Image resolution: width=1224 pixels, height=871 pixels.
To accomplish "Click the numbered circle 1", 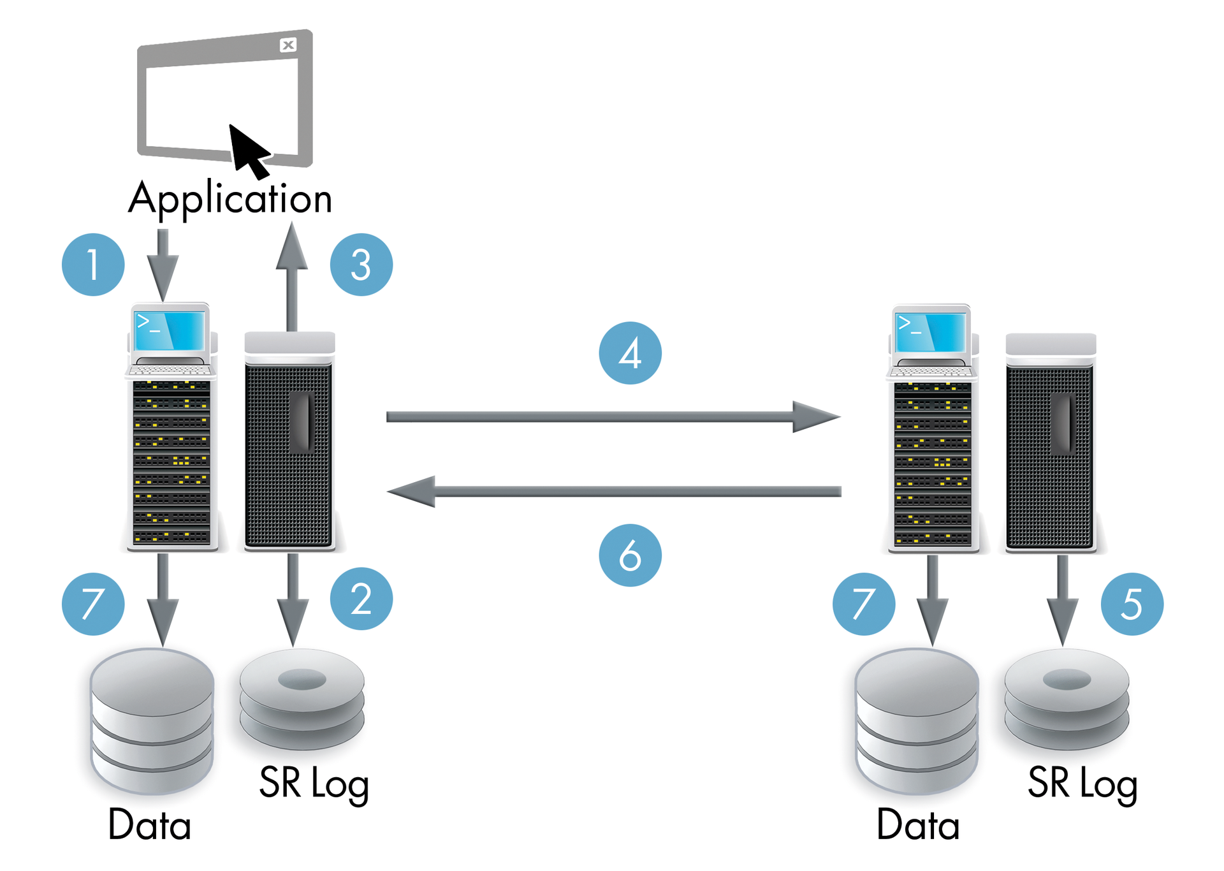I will (x=93, y=265).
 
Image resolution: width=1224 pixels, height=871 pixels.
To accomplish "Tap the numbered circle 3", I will (x=361, y=265).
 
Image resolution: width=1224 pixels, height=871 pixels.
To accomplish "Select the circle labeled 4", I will (x=630, y=353).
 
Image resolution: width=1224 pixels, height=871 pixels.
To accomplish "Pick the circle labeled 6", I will (x=630, y=555).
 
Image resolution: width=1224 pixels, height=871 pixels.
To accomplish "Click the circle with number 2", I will (x=361, y=599).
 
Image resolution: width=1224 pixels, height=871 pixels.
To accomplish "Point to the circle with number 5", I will (x=1132, y=604).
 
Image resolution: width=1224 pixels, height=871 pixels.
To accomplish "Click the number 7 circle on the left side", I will (x=93, y=604).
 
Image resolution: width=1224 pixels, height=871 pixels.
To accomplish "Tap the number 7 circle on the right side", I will (x=863, y=604).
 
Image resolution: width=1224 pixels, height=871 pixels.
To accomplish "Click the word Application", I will (x=230, y=198).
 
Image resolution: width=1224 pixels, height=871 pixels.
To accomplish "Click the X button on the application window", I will (x=288, y=45).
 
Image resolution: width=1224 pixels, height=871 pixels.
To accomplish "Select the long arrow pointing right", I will (x=612, y=417).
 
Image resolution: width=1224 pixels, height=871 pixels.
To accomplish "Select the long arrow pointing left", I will (x=612, y=491).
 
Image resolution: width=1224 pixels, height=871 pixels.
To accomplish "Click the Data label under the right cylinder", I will (x=917, y=825).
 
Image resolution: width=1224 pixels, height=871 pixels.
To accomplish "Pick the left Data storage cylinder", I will (x=152, y=721).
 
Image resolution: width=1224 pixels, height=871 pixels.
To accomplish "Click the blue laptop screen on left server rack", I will (x=170, y=330).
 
